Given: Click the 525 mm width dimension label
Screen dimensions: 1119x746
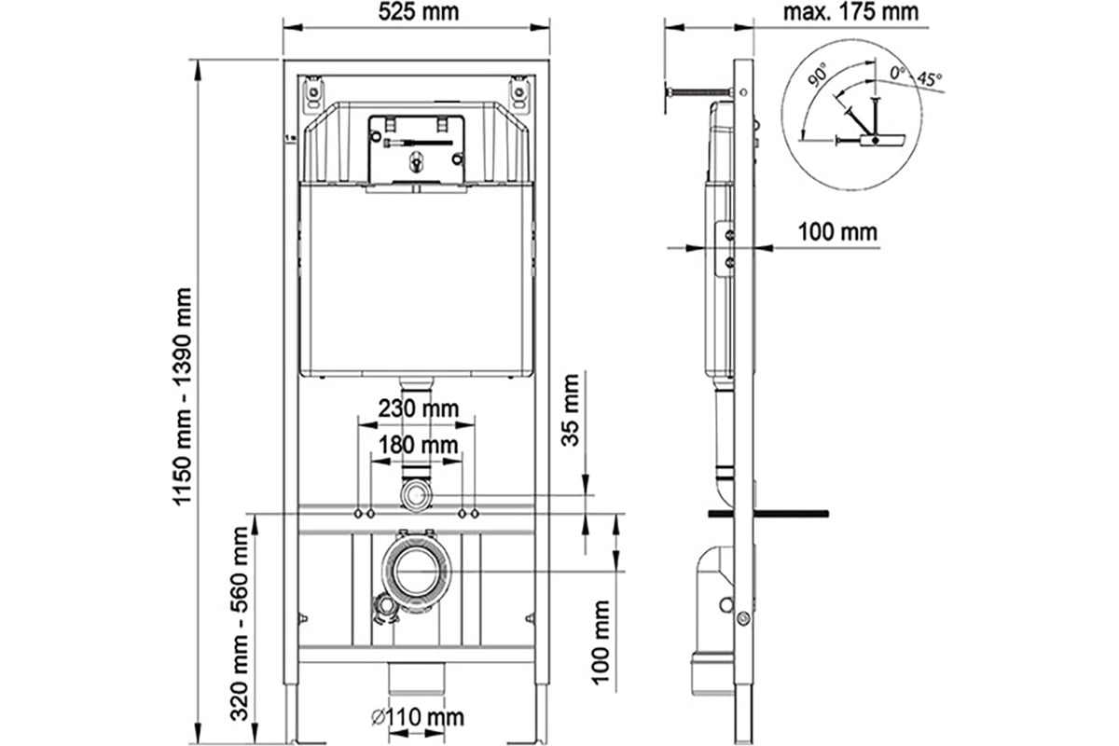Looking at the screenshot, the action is click(418, 12).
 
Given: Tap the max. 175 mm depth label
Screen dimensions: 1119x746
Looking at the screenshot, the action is click(850, 12).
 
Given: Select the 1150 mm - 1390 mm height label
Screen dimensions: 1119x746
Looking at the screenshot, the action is click(183, 396).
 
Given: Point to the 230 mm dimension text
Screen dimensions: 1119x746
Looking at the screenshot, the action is click(418, 408).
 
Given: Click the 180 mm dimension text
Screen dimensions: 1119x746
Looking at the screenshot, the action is click(418, 445).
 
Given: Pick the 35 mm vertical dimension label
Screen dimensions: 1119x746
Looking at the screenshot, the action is click(570, 410).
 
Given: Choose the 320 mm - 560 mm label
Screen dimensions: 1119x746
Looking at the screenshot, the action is click(239, 624).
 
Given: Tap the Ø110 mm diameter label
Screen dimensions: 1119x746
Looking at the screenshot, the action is click(418, 717).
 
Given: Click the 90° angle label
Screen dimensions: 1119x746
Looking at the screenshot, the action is click(817, 76).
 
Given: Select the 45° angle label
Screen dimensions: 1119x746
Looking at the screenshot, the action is click(929, 79).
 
